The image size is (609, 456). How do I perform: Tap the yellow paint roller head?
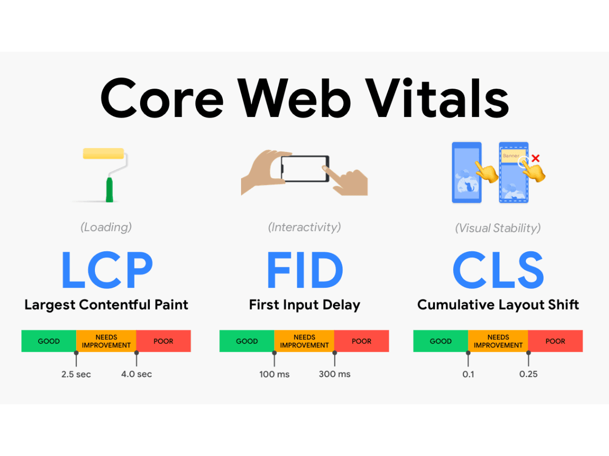pos(104,154)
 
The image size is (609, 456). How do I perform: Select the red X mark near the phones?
pos(535,159)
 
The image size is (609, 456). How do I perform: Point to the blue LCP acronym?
pos(107,270)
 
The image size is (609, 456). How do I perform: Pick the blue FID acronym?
pos(304,270)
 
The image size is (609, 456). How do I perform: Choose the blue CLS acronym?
pos(498,270)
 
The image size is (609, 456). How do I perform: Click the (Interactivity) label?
pos(304,227)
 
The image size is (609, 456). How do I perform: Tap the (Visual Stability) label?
pos(498,228)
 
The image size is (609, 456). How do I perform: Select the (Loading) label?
pos(106,227)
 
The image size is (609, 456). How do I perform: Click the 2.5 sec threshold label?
pos(76,374)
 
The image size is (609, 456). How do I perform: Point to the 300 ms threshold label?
pos(334,374)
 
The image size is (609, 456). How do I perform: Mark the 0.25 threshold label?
pos(528,374)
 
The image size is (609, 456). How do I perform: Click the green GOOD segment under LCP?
pos(49,341)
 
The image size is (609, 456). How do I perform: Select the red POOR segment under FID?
pos(361,341)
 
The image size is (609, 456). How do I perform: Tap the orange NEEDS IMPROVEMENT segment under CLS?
pos(498,341)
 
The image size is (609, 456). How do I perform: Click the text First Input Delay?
pos(304,305)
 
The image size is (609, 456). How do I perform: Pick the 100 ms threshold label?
pos(275,374)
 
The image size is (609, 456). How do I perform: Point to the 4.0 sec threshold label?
pos(137,374)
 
